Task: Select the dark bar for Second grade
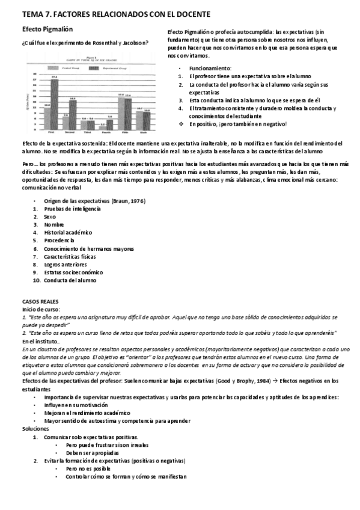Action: pyautogui.click(x=72, y=114)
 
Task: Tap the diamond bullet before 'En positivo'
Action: pyautogui.click(x=181, y=124)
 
